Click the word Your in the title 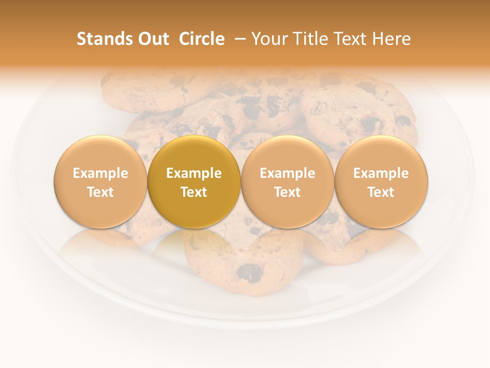269,39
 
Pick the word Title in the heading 309,39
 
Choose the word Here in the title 392,39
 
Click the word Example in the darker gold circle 194,173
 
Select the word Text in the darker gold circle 194,192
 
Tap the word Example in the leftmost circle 100,173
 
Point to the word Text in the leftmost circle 100,192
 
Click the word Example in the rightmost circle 381,173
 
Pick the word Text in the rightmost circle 381,192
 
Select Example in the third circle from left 287,173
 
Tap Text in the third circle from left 287,192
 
